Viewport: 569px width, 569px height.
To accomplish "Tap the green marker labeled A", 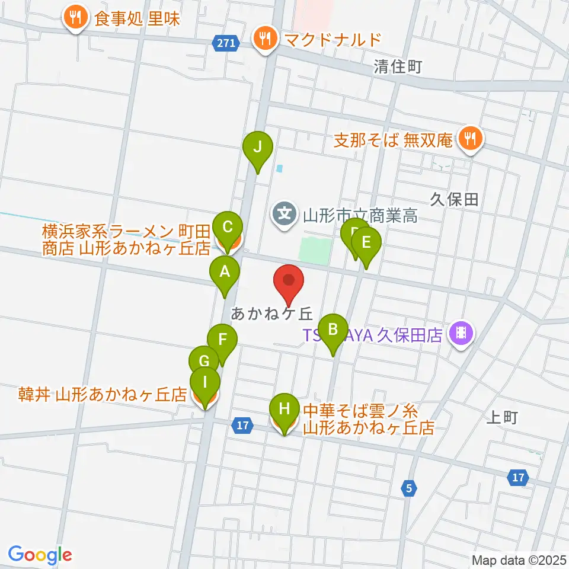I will (225, 273).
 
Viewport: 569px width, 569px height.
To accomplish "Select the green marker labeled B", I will (333, 330).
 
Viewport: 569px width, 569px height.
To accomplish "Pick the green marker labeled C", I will (228, 227).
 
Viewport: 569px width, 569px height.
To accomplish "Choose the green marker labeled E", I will (366, 243).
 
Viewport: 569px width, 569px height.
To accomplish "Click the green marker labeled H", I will (284, 409).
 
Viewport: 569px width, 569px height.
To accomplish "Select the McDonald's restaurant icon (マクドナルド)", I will (263, 39).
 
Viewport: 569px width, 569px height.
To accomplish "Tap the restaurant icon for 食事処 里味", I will (75, 18).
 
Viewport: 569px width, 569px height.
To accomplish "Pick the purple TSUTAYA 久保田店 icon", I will (461, 335).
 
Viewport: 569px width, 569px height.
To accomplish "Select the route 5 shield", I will (408, 488).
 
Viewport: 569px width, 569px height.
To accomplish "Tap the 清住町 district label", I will (398, 66).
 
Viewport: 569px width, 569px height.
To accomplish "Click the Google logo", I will (40, 555).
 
